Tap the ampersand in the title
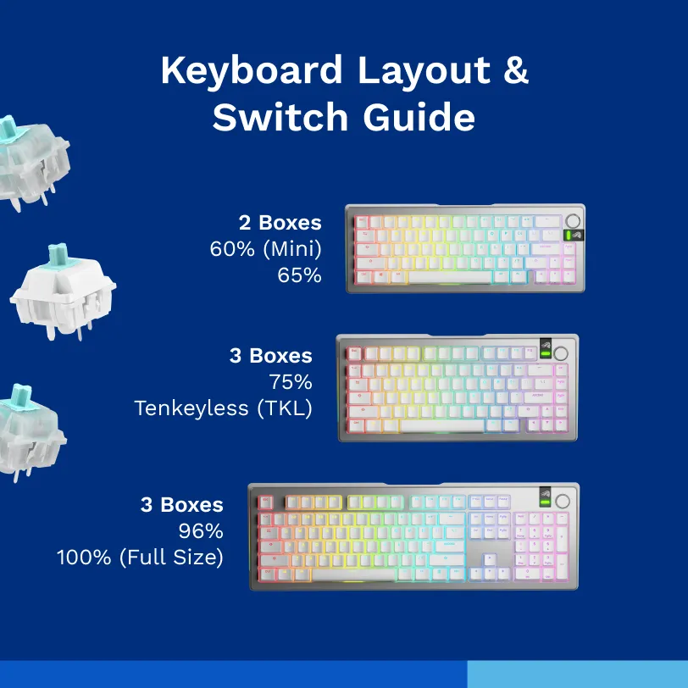pyautogui.click(x=513, y=70)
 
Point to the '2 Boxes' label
pyautogui.click(x=280, y=223)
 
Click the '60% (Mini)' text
pyautogui.click(x=265, y=249)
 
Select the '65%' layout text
pyautogui.click(x=299, y=275)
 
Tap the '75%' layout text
pyautogui.click(x=291, y=381)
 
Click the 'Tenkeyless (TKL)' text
pyautogui.click(x=223, y=408)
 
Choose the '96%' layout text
pyautogui.click(x=201, y=531)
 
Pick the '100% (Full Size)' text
pyautogui.click(x=140, y=558)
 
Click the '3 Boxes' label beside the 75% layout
pyautogui.click(x=270, y=355)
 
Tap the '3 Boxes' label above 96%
pyautogui.click(x=181, y=505)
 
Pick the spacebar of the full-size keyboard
pyautogui.click(x=364, y=574)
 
